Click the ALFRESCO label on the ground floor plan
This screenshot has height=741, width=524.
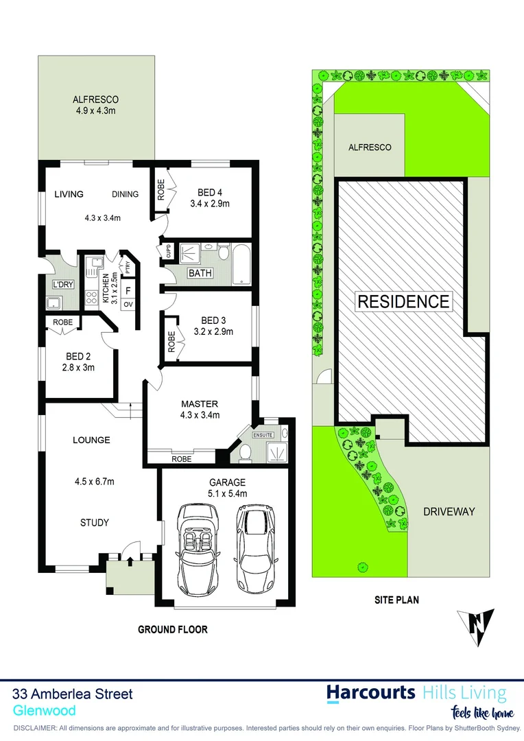coord(96,99)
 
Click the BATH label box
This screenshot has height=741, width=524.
coord(200,273)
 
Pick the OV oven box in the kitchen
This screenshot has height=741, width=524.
coord(128,303)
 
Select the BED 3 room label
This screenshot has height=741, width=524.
coord(213,320)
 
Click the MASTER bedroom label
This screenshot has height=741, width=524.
coord(200,404)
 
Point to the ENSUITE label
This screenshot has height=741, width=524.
coord(263,434)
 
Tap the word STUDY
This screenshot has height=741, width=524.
coord(95,523)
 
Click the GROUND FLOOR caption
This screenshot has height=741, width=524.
coord(173,629)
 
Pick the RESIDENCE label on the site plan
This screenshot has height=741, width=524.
coord(403,301)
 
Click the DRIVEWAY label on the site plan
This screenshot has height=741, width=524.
coord(449,511)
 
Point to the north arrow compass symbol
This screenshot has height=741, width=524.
coord(476,624)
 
